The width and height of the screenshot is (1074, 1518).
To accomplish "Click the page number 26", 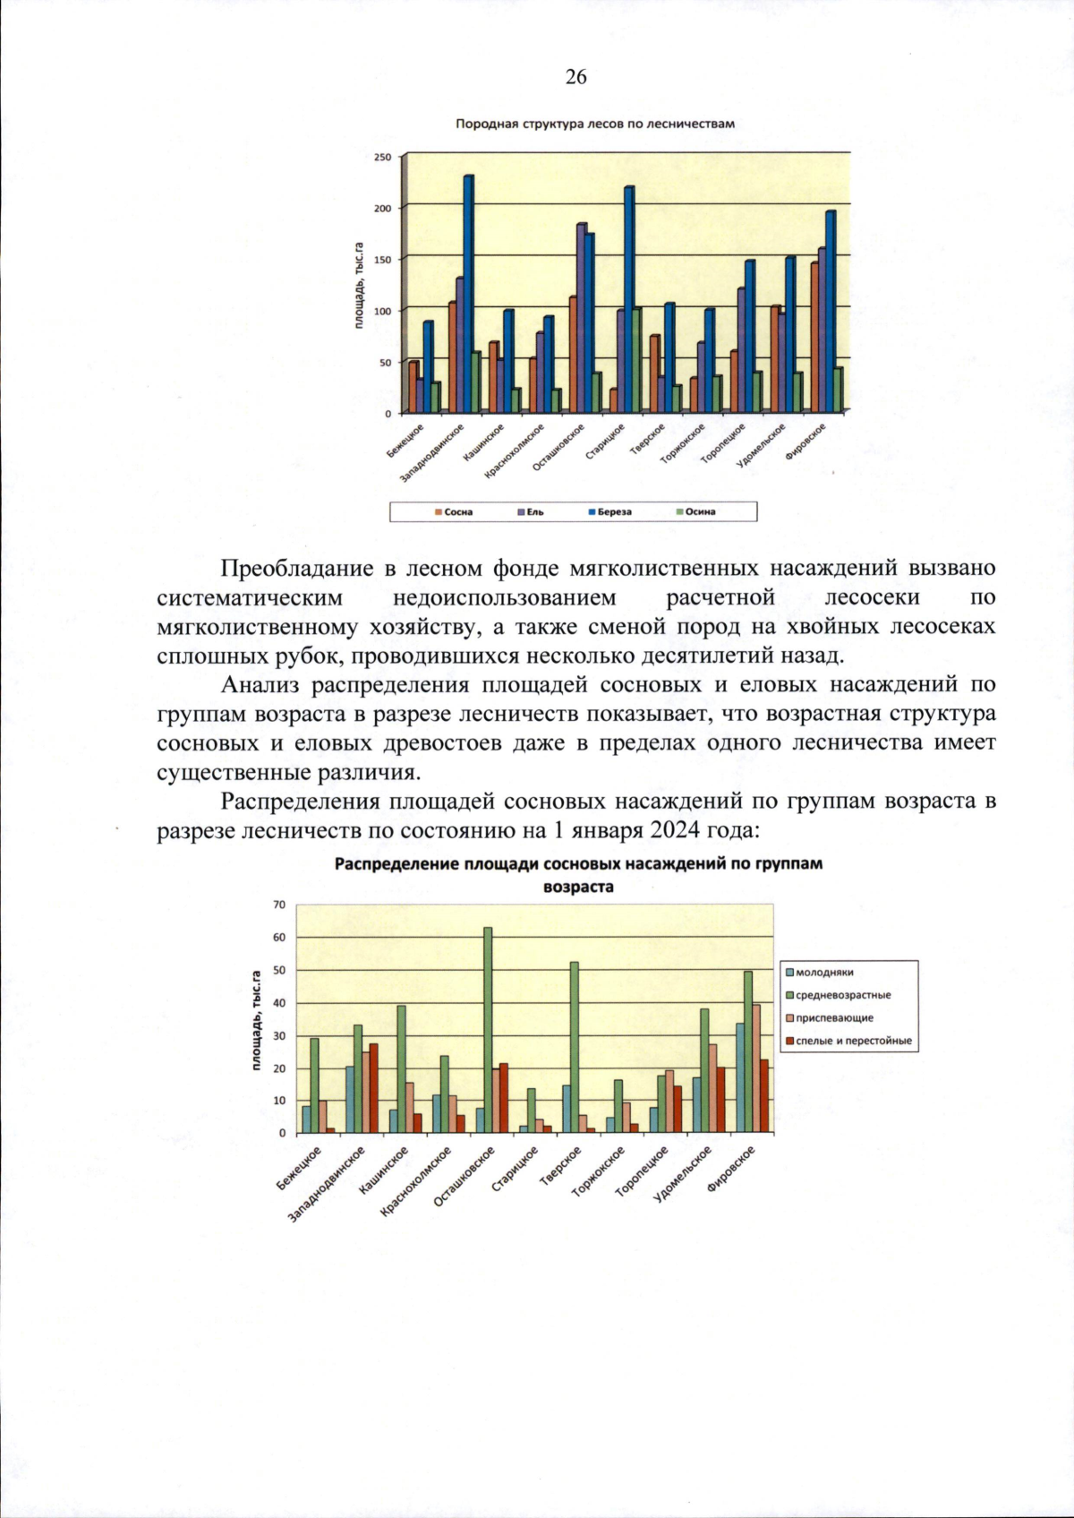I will (x=575, y=77).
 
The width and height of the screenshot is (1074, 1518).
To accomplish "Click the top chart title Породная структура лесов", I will (x=594, y=124).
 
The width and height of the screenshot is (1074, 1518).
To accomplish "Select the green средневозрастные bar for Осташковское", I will (x=488, y=1030).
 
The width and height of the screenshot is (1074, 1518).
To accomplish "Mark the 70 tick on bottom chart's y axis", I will (x=279, y=905).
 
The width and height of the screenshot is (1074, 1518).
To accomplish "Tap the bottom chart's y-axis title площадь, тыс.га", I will (x=256, y=1021).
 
